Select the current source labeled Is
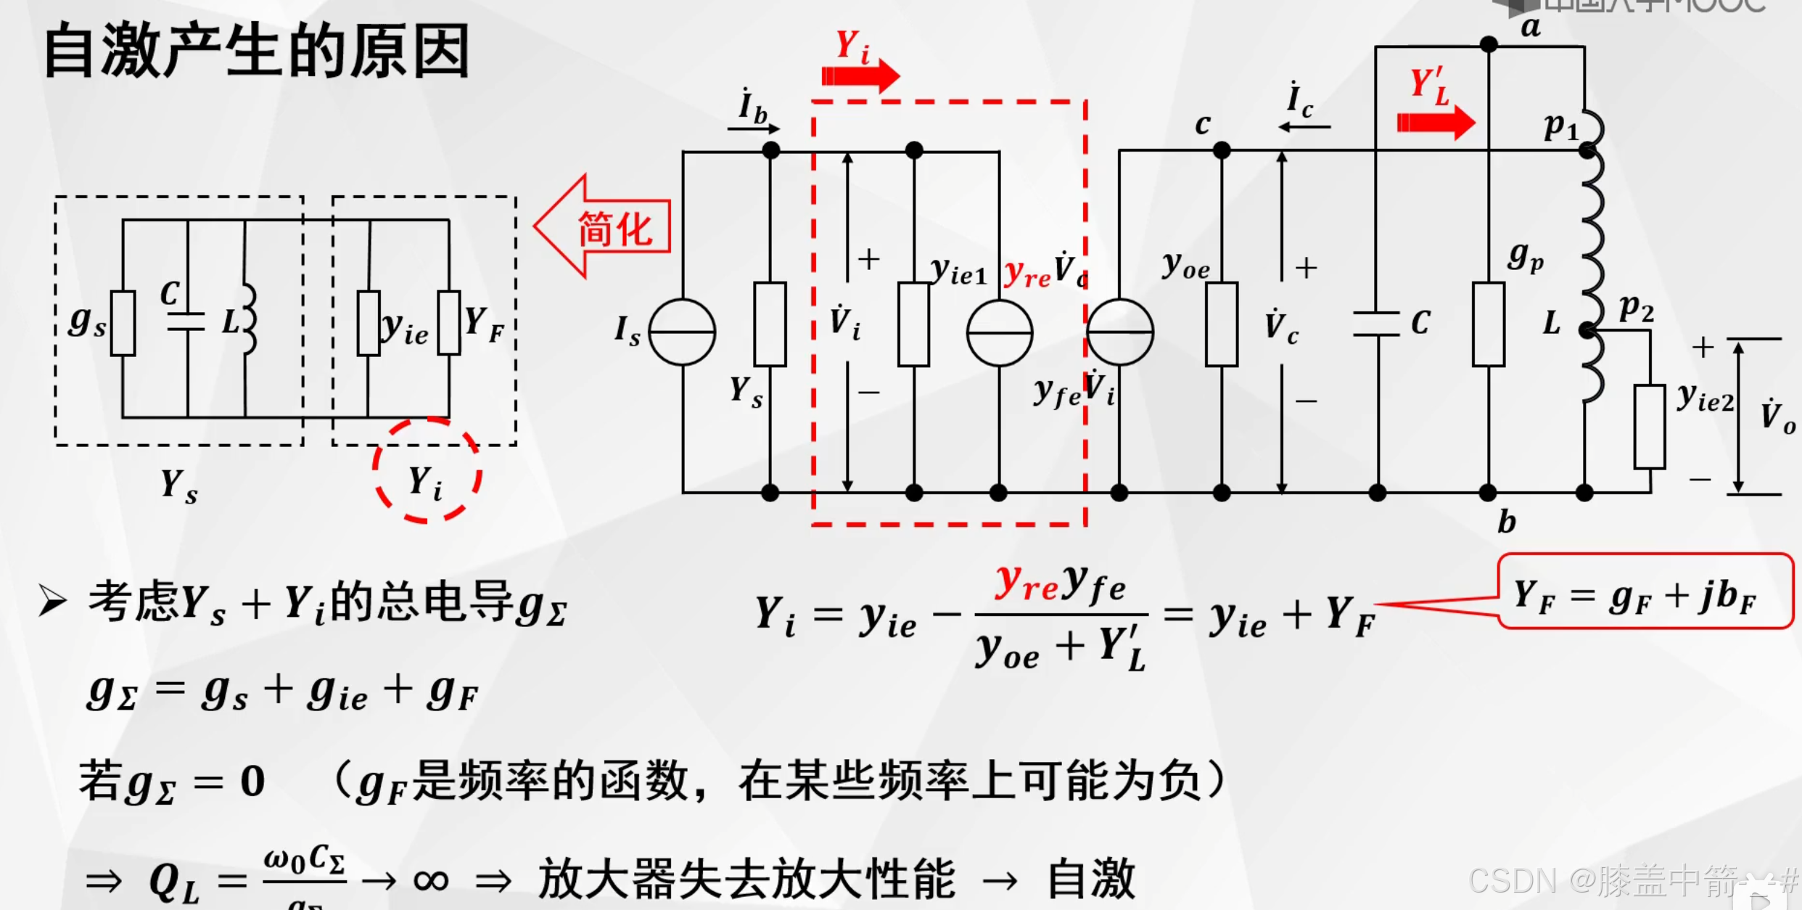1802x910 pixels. (682, 332)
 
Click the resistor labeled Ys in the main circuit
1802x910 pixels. (770, 324)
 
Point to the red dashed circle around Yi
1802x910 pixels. (427, 470)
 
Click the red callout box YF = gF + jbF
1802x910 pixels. (1644, 592)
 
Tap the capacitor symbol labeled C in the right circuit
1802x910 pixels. (1376, 324)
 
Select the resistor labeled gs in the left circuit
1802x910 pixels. (123, 323)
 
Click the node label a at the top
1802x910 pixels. (1530, 28)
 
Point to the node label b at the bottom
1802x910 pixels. (1507, 521)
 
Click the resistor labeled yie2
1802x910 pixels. (1649, 427)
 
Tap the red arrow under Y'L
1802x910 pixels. (1436, 122)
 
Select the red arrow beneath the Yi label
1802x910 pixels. (860, 75)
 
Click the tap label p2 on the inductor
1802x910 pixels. (1637, 308)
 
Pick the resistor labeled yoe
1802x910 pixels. (1222, 324)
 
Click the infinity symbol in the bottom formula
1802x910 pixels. (431, 880)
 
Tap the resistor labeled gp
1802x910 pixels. (1488, 324)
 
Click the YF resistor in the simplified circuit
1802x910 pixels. (449, 323)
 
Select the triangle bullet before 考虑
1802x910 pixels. (53, 601)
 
